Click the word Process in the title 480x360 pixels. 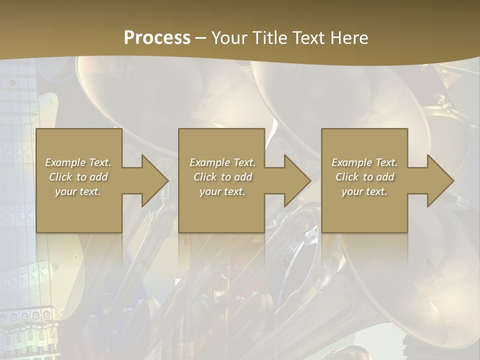coord(157,37)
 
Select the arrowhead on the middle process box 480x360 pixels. coord(296,180)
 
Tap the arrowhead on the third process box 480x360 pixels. coord(439,180)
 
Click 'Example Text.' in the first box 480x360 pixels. coord(78,162)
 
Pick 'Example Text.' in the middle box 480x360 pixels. coord(222,162)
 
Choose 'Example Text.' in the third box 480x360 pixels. coord(364,162)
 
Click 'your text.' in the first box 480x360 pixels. coord(78,191)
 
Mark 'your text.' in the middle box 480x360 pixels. coord(222,191)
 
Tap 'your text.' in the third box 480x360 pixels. coord(364,191)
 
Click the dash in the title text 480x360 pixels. coord(201,38)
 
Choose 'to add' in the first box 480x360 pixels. coord(92,177)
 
